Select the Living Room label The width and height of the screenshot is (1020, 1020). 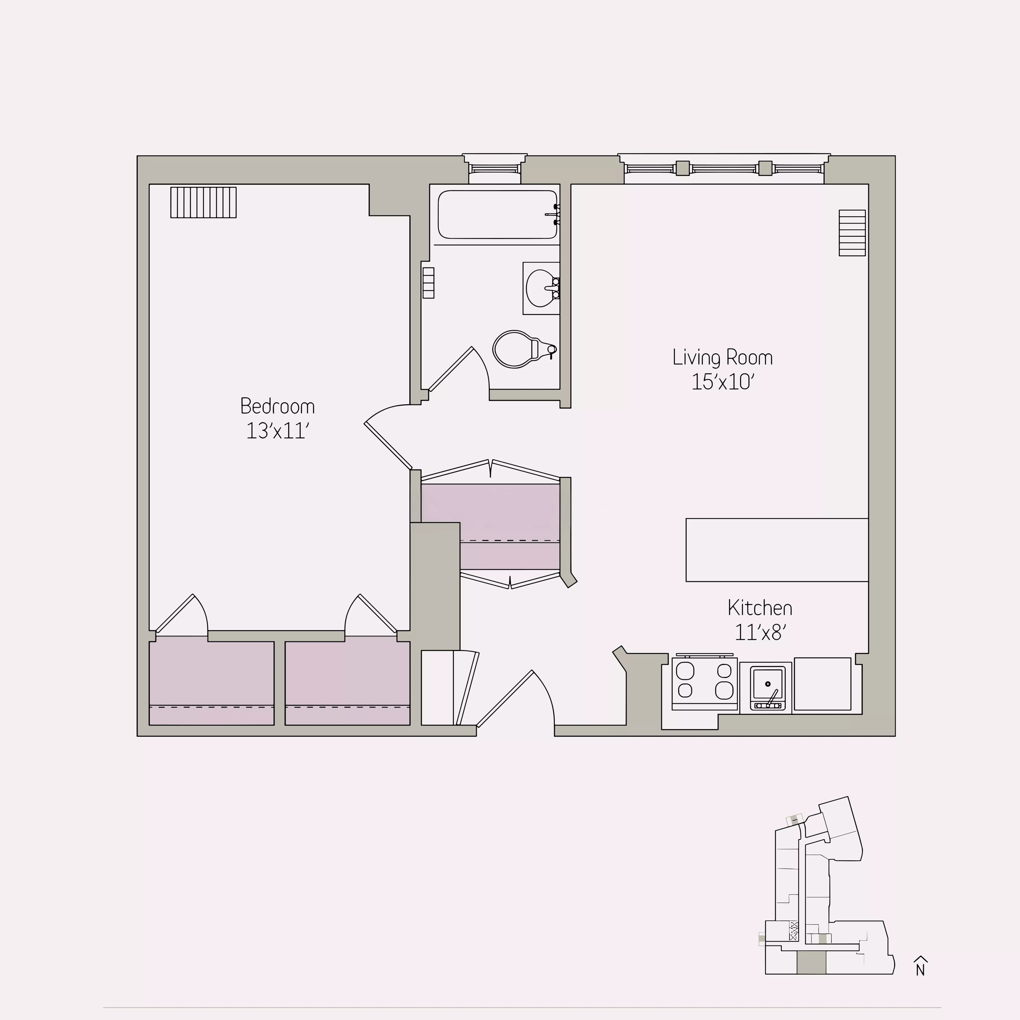point(722,358)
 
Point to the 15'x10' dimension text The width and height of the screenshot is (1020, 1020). point(722,382)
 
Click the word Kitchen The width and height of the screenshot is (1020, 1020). point(760,608)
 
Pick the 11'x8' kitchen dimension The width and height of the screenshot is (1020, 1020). point(760,632)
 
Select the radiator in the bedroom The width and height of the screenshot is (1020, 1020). point(203,202)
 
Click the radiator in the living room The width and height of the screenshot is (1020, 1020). point(852,233)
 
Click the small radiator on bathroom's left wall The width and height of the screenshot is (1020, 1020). point(428,283)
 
